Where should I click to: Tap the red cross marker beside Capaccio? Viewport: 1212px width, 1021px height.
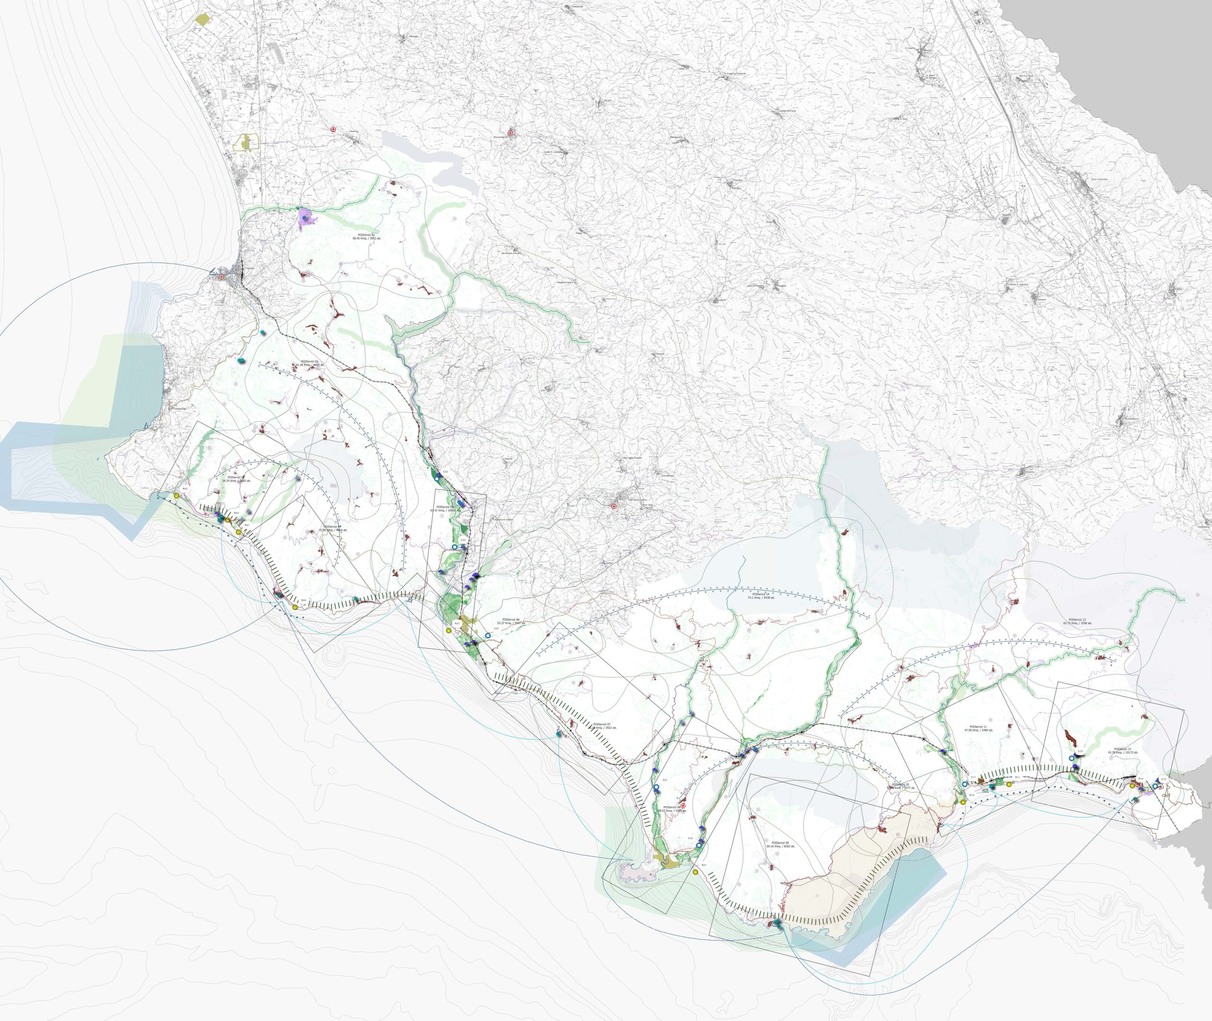[x=333, y=130]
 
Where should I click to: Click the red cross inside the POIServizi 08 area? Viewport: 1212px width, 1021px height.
[x=683, y=806]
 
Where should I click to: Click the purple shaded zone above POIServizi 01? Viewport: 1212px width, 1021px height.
[x=306, y=218]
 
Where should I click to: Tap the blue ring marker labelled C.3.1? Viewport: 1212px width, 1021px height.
[x=488, y=635]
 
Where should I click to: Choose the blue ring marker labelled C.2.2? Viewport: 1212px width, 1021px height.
[x=699, y=845]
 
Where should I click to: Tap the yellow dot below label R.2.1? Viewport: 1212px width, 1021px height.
[x=695, y=872]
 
